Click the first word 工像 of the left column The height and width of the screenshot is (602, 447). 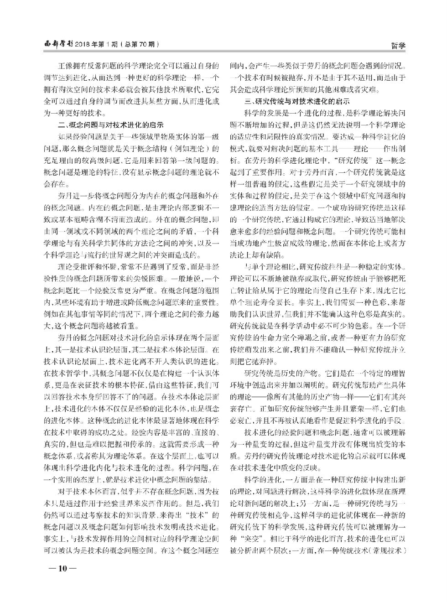[68, 65]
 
